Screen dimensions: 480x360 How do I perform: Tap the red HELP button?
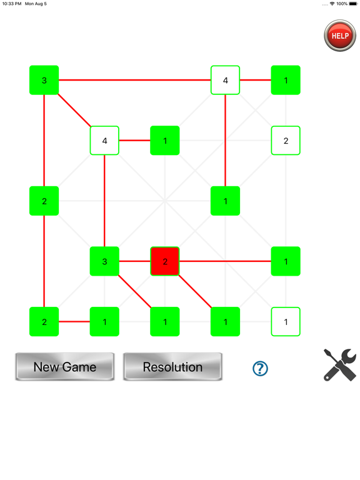coord(339,36)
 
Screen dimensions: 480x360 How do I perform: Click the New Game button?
coord(65,367)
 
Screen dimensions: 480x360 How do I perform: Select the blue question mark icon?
coord(260,368)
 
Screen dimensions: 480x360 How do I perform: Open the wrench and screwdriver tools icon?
coord(340,365)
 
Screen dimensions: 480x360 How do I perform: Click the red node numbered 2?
coord(165,261)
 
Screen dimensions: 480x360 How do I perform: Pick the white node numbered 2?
coord(286,141)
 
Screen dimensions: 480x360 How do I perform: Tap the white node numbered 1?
coord(286,322)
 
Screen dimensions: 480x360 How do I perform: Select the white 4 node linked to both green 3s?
coord(104,141)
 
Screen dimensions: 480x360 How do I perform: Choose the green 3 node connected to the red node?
coord(104,261)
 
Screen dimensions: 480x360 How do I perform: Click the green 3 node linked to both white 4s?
coord(44,80)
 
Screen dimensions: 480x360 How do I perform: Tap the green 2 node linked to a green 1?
coord(44,322)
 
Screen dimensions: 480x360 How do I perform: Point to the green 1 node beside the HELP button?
coord(286,80)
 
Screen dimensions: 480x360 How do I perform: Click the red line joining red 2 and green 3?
coord(135,261)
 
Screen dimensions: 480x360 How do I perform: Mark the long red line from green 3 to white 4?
coord(134,80)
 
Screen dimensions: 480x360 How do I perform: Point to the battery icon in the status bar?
coord(353,4)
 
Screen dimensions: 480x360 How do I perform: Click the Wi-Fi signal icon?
coord(332,4)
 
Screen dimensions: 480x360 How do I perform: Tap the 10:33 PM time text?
coord(11,4)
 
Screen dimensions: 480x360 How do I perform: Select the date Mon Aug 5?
coord(36,4)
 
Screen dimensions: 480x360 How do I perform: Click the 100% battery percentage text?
coord(342,4)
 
